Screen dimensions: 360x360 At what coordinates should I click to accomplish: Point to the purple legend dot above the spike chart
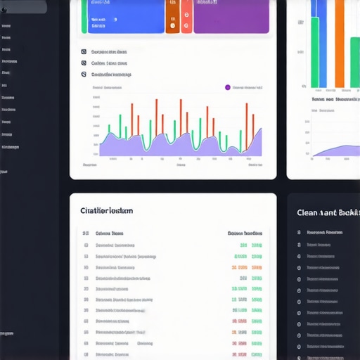click(x=227, y=88)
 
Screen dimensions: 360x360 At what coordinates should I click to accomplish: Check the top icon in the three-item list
click(x=84, y=52)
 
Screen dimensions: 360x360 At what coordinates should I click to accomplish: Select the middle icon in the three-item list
click(x=84, y=63)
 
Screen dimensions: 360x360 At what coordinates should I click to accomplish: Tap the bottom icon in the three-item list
click(x=84, y=73)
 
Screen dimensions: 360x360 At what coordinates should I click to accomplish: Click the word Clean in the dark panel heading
click(x=308, y=212)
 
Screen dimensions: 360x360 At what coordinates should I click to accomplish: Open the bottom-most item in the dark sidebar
click(x=6, y=333)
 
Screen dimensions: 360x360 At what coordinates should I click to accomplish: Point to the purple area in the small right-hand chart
click(x=345, y=151)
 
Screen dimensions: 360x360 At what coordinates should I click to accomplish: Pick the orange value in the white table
click(x=239, y=267)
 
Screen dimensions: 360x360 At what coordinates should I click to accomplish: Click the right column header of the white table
click(x=245, y=233)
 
